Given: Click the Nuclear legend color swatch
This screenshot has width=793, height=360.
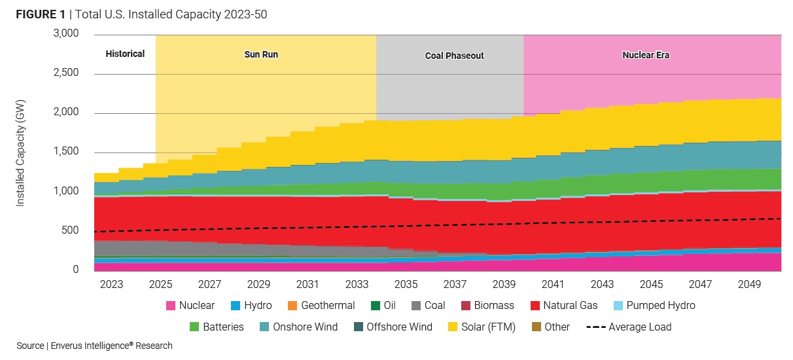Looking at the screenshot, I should click(171, 306).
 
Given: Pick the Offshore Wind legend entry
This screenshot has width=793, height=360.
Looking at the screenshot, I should click(392, 327).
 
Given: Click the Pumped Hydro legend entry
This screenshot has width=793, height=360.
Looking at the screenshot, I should click(652, 306).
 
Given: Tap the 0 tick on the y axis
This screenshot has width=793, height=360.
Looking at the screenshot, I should click(75, 270).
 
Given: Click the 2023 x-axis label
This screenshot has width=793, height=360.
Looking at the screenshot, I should click(112, 285).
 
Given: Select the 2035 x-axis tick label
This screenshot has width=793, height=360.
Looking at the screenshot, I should click(406, 285).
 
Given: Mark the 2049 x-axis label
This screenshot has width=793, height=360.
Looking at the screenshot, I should click(750, 285).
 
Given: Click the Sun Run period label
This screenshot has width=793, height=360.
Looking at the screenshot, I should click(261, 55).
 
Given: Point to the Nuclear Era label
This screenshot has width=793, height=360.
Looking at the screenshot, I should click(645, 56).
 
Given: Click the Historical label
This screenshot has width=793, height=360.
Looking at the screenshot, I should click(125, 54).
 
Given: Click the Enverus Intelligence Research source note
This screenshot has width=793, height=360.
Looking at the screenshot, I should click(94, 346).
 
